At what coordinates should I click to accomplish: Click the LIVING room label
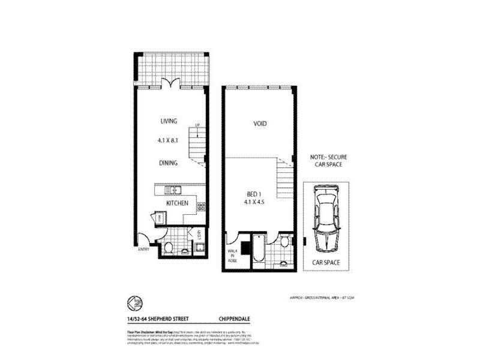coord(169,121)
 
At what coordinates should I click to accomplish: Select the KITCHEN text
coord(178,203)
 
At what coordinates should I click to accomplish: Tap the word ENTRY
coord(143,249)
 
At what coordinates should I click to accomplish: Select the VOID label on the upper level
coord(260,124)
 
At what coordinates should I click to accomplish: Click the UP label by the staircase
coord(197,125)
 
